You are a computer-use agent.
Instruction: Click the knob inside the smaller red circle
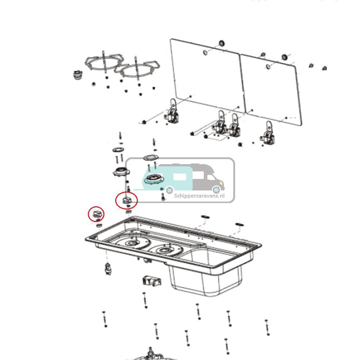[x=96, y=214]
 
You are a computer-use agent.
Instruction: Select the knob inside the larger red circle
[x=126, y=200]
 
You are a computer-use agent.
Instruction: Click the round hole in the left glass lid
[x=205, y=53]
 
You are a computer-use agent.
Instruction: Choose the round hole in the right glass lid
[x=268, y=67]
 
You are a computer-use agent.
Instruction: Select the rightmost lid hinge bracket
[x=269, y=135]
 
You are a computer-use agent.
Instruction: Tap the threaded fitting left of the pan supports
[x=77, y=75]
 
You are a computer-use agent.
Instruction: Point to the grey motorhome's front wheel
[x=216, y=189]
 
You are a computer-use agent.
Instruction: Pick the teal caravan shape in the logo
[x=166, y=177]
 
